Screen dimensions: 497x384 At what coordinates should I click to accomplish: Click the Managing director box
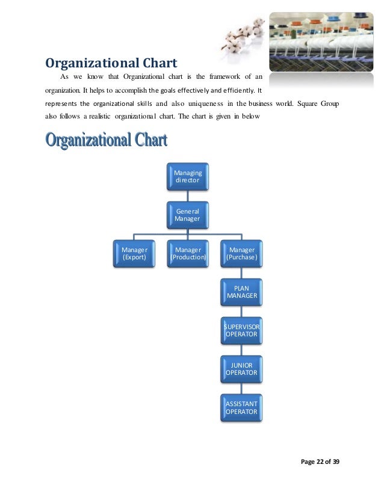(x=188, y=177)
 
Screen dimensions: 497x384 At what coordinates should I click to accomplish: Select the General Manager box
(x=188, y=215)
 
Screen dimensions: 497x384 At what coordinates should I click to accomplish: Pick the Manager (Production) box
(x=188, y=253)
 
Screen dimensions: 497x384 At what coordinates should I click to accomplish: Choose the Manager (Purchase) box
(x=241, y=253)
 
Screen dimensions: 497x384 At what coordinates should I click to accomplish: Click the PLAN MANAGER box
(x=241, y=292)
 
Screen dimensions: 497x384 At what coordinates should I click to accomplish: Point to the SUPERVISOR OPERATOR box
(x=241, y=330)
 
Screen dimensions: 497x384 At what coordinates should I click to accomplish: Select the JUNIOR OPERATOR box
(x=241, y=369)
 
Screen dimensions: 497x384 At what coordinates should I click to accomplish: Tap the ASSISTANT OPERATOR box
(x=241, y=407)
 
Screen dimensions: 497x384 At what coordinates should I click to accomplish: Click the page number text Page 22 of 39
(x=319, y=461)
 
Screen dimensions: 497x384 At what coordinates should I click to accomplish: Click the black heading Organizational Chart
(x=111, y=63)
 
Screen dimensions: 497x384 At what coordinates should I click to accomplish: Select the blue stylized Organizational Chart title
(x=107, y=141)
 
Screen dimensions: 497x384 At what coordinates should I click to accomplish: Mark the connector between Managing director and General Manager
(x=188, y=196)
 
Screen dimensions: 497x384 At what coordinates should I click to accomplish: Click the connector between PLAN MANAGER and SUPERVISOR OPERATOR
(x=241, y=311)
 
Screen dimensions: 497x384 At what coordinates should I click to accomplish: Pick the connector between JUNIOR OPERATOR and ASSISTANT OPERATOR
(x=241, y=388)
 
